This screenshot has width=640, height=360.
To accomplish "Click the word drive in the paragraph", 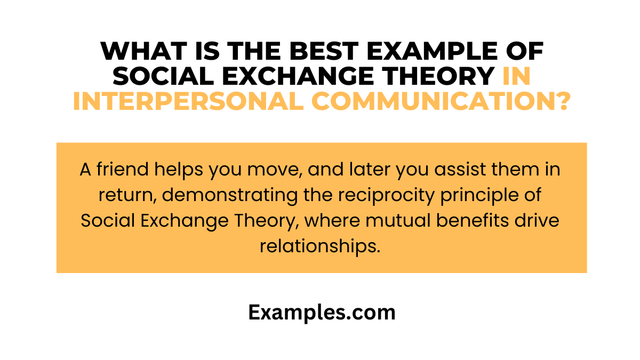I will (540, 220).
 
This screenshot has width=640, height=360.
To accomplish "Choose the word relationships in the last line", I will (321, 246).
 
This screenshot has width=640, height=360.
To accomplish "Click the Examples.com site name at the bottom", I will (322, 313).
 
